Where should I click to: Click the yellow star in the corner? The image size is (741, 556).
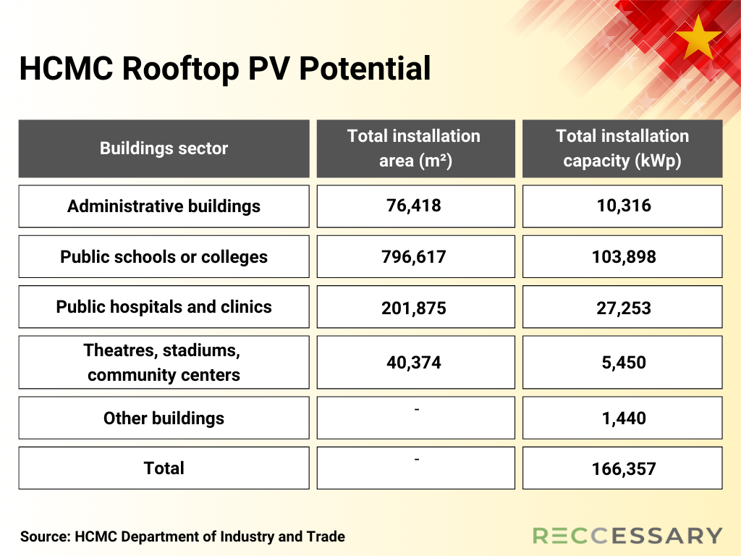click(x=698, y=38)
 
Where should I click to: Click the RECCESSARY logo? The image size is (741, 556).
click(x=627, y=536)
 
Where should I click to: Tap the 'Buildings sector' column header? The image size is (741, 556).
click(x=164, y=148)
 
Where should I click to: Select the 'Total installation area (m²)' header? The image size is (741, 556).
click(x=416, y=148)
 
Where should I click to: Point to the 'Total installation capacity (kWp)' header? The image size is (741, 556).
click(x=622, y=148)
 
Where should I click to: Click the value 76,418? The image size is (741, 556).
click(x=414, y=206)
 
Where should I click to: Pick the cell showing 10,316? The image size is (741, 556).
click(x=624, y=206)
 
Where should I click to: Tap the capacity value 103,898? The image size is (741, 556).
click(x=624, y=257)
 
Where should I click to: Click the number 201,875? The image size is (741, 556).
click(x=414, y=308)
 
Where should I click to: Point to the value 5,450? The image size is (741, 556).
click(x=624, y=363)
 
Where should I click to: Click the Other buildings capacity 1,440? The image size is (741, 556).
click(x=624, y=418)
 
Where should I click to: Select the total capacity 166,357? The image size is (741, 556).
click(x=624, y=469)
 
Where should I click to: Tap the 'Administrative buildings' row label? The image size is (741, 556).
click(x=164, y=206)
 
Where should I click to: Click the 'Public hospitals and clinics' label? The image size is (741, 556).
click(x=164, y=307)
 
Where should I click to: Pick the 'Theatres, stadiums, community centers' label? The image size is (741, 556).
click(x=163, y=363)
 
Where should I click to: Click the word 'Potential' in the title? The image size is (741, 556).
click(x=365, y=68)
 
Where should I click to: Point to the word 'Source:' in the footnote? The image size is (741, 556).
click(x=46, y=536)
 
